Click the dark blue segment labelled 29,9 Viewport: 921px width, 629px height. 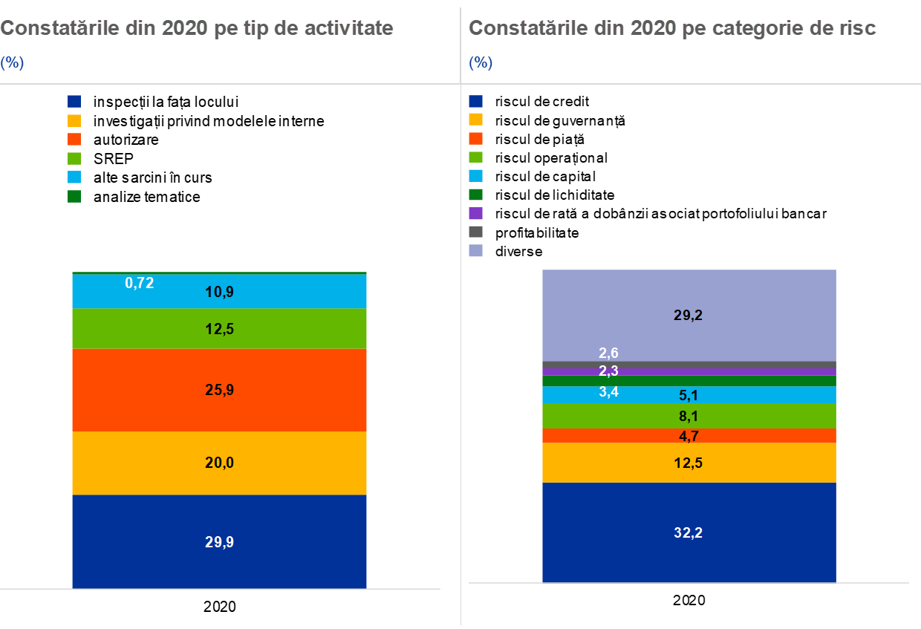(x=219, y=541)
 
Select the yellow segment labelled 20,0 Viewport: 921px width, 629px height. (x=219, y=463)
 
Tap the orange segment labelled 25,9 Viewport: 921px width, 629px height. (x=219, y=390)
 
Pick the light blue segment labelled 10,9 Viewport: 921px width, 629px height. (x=282, y=292)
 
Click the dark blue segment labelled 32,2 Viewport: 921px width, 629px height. (x=689, y=532)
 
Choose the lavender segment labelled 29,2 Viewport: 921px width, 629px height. (x=689, y=315)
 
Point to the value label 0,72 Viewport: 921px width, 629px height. (x=140, y=283)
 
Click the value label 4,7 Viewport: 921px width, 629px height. (x=689, y=436)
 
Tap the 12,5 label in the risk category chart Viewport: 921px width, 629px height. (x=689, y=463)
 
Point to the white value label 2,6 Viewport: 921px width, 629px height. (x=608, y=353)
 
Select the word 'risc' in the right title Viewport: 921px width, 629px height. (x=858, y=28)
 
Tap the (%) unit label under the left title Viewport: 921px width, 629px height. (x=12, y=63)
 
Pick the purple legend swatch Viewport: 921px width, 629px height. (x=476, y=213)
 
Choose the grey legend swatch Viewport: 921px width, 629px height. (x=476, y=232)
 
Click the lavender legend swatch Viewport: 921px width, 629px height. (x=476, y=250)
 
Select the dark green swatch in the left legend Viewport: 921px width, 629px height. (x=74, y=196)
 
